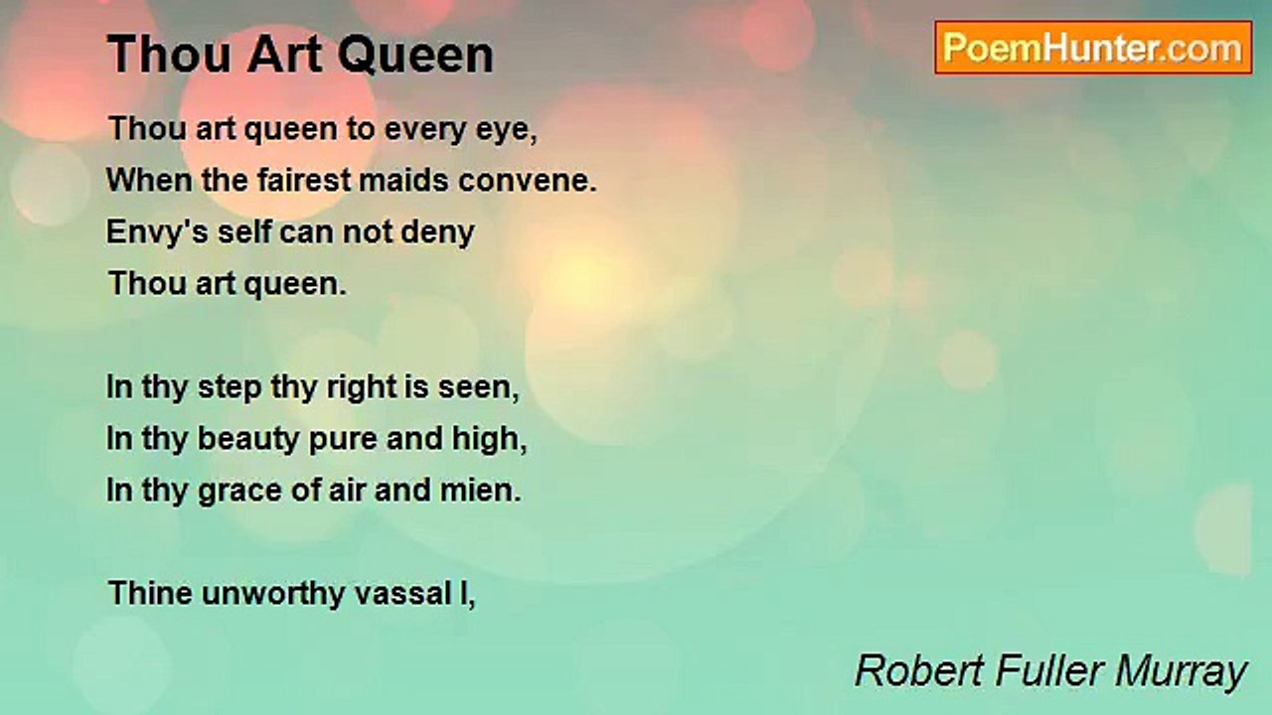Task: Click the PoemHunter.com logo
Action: pyautogui.click(x=1093, y=48)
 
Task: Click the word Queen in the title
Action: pyautogui.click(x=415, y=55)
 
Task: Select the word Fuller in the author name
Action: pyautogui.click(x=1049, y=670)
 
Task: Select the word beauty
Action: pyautogui.click(x=248, y=440)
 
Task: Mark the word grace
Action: pyautogui.click(x=239, y=492)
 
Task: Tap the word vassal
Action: pyautogui.click(x=402, y=594)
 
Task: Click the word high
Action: pyautogui.click(x=490, y=439)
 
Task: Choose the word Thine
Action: pyautogui.click(x=150, y=593)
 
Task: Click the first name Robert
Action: pyautogui.click(x=919, y=670)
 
